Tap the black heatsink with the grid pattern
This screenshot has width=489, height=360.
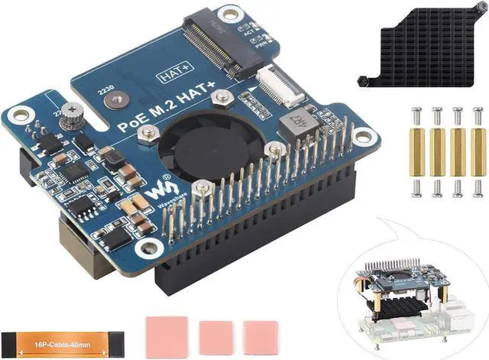pos(424,47)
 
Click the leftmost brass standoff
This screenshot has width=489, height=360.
pos(418,151)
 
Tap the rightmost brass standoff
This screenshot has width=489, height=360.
pos(478,151)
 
